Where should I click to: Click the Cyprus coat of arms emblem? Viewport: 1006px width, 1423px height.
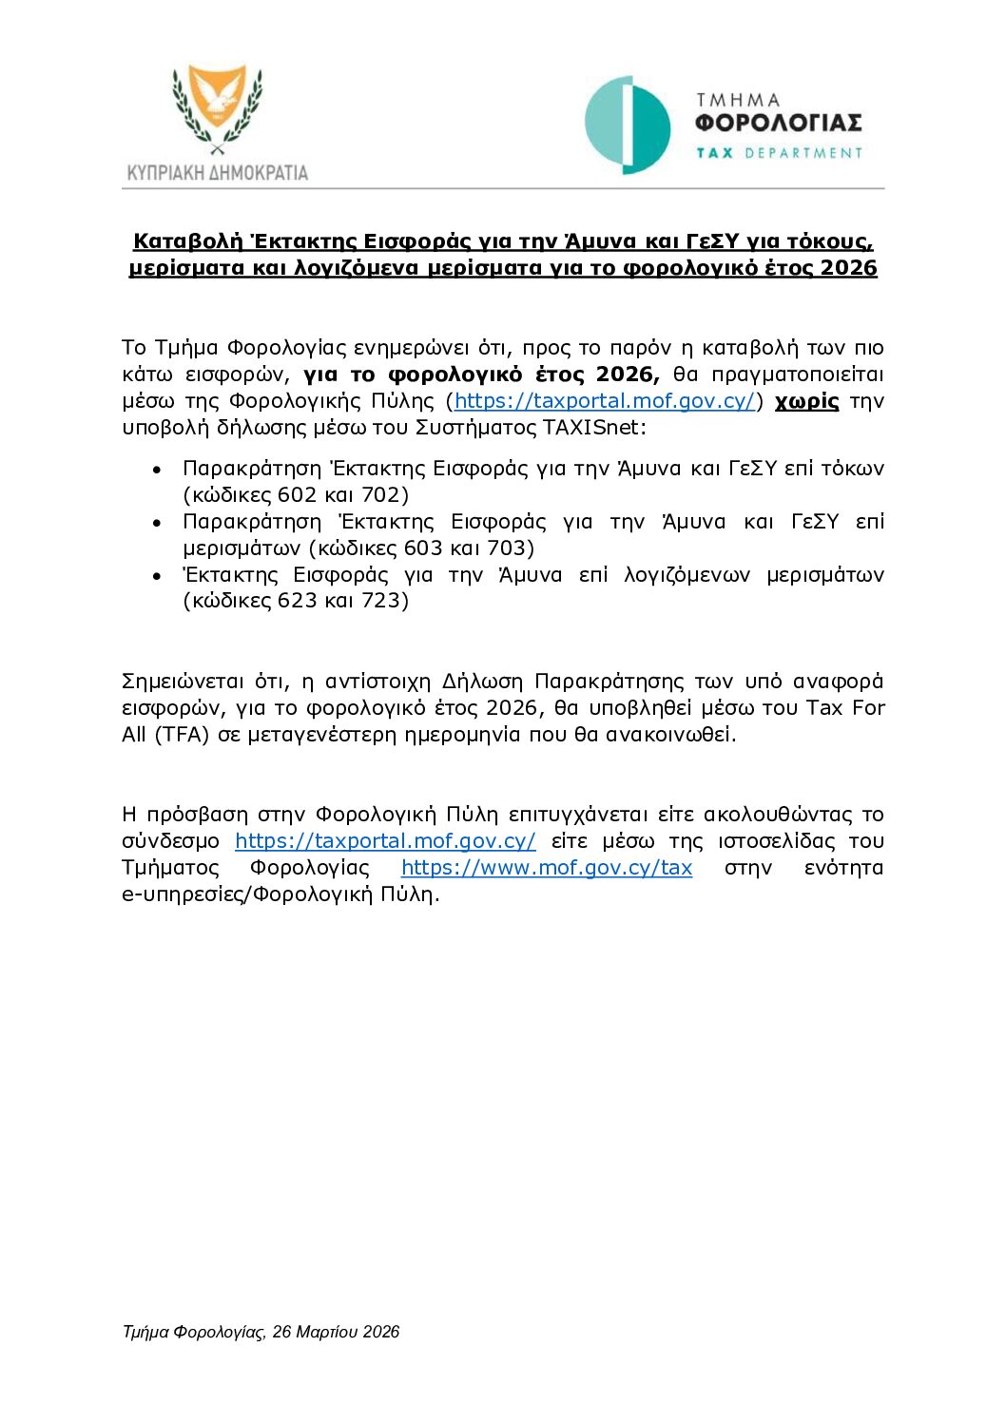pyautogui.click(x=218, y=107)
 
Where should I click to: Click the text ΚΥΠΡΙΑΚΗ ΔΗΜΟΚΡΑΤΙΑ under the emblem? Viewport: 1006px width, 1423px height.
pyautogui.click(x=218, y=173)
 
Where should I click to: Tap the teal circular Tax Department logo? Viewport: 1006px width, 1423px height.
pyautogui.click(x=627, y=125)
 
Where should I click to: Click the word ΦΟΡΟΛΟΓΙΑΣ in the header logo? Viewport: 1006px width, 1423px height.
pyautogui.click(x=778, y=124)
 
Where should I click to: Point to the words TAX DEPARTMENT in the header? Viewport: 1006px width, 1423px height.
pyautogui.click(x=779, y=153)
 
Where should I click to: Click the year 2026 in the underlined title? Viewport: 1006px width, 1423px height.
pyautogui.click(x=848, y=268)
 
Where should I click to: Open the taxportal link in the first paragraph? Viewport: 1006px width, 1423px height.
pyautogui.click(x=605, y=401)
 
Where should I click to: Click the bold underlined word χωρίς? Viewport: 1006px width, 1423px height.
pyautogui.click(x=806, y=401)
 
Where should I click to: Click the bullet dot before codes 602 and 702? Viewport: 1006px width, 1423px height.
pyautogui.click(x=157, y=470)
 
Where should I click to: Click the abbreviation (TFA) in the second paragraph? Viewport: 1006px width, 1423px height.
pyautogui.click(x=182, y=735)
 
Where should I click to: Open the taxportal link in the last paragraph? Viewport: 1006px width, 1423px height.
pyautogui.click(x=385, y=841)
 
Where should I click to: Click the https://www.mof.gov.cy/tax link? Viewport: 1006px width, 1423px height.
pyautogui.click(x=547, y=868)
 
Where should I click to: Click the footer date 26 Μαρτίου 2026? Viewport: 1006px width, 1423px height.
pyautogui.click(x=336, y=1332)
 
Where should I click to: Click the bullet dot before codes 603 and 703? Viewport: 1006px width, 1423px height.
pyautogui.click(x=157, y=523)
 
